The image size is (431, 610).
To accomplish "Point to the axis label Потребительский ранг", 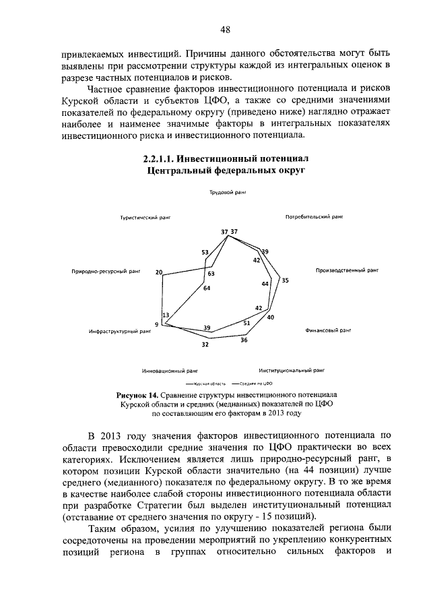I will [314, 218].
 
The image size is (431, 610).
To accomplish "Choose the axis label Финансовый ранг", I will [329, 331].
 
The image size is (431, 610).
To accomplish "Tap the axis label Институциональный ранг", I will [292, 370].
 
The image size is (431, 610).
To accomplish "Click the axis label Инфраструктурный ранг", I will [118, 332].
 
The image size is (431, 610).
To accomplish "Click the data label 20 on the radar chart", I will [159, 272].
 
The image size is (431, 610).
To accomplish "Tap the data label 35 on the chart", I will [285, 280].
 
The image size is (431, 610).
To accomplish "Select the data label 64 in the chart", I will [207, 288].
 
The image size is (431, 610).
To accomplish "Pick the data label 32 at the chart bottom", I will [205, 344].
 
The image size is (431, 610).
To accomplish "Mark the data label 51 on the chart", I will [246, 323].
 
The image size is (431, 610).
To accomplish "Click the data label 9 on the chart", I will [156, 325].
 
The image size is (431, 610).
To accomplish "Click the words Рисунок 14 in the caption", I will [137, 393].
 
